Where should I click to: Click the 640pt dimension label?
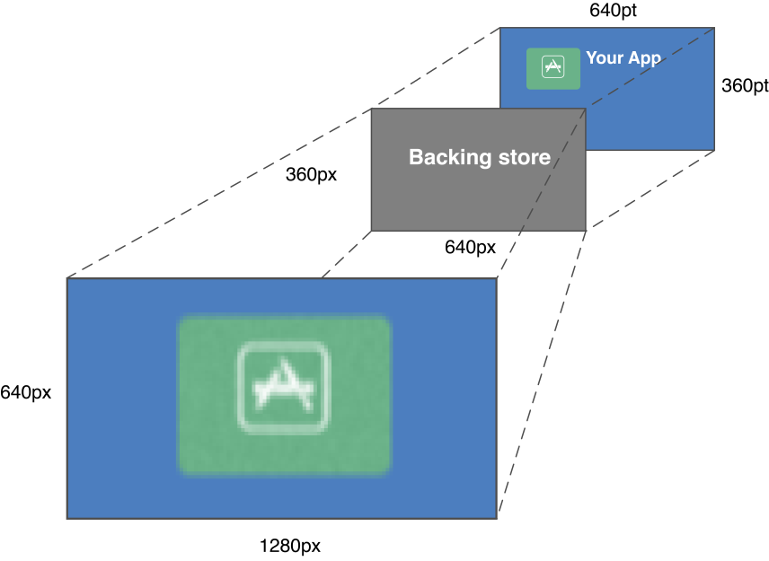click(614, 11)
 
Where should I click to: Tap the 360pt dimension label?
click(745, 85)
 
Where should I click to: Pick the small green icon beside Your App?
click(552, 68)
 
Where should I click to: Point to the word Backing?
click(443, 158)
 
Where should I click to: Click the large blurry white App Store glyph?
click(284, 389)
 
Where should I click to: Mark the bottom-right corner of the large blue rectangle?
click(497, 518)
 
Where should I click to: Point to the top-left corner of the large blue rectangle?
click(67, 278)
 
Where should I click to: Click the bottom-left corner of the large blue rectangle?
click(67, 518)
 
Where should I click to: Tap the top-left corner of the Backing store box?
click(372, 110)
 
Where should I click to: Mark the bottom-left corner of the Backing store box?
click(372, 231)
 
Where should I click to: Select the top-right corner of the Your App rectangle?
click(714, 28)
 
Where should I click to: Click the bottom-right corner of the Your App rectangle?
click(714, 149)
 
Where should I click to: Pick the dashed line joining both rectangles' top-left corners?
click(283, 153)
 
